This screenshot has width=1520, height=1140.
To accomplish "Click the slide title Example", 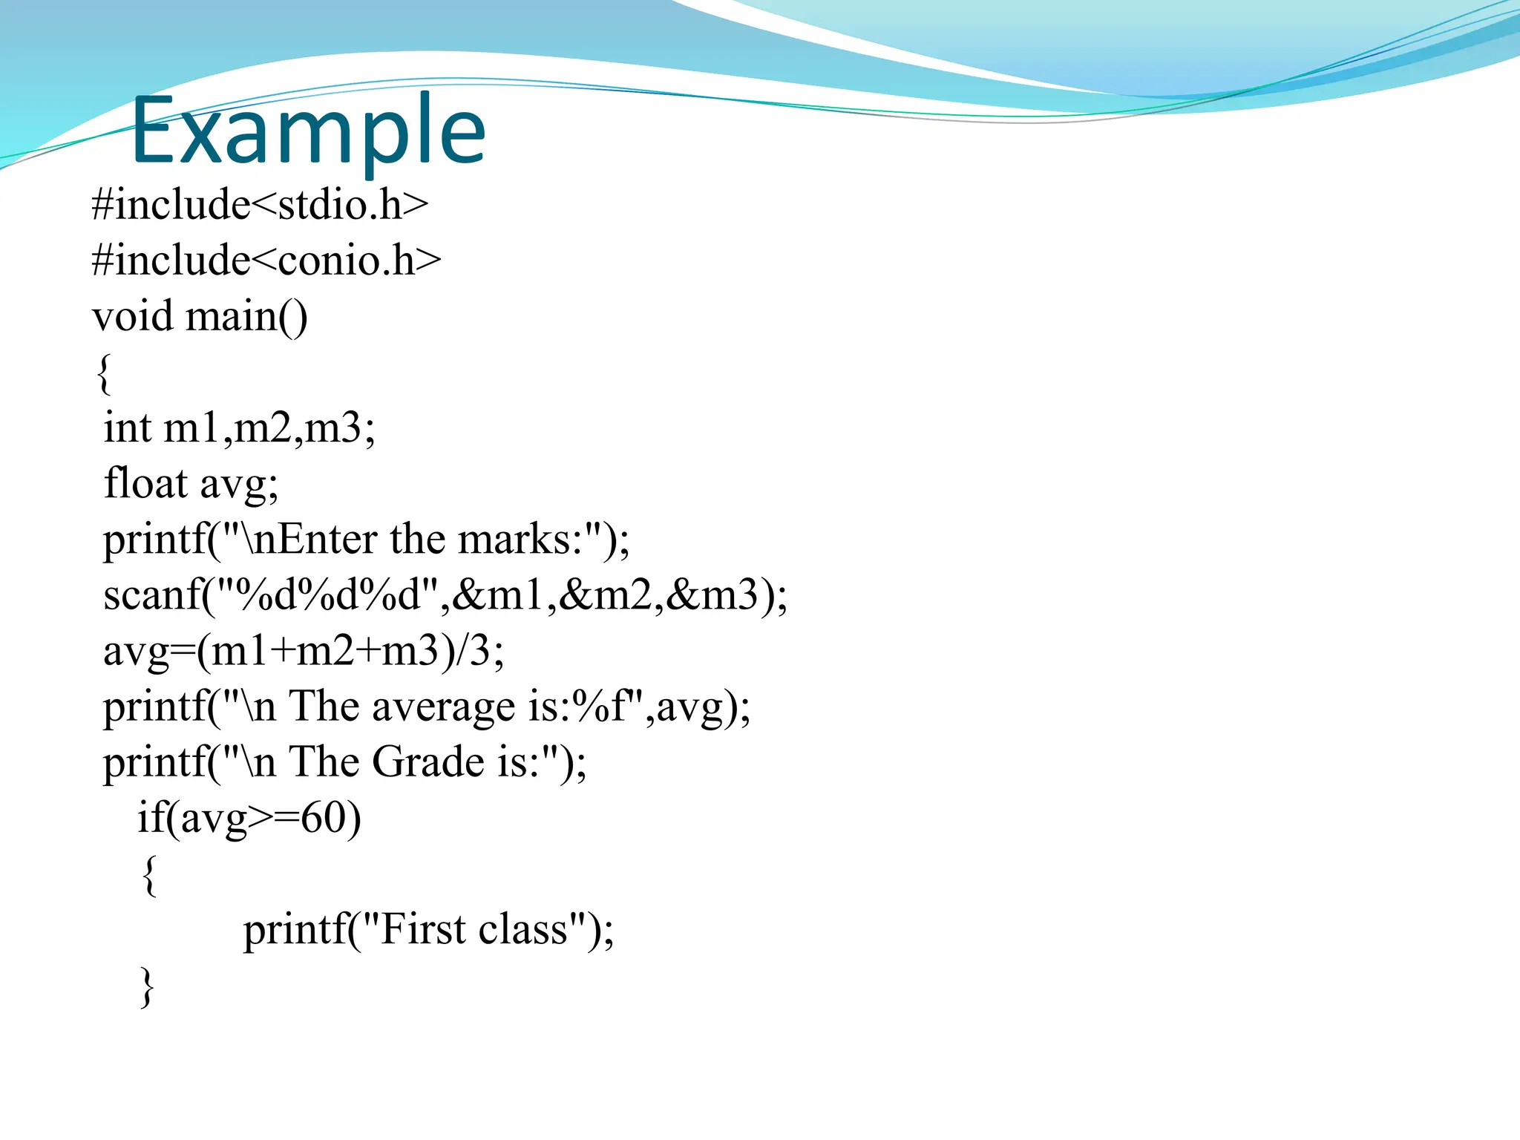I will click(308, 131).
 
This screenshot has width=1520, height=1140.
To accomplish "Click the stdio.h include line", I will click(260, 205).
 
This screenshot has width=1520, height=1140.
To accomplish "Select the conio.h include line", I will click(266, 261).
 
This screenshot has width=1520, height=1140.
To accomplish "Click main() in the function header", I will click(246, 316).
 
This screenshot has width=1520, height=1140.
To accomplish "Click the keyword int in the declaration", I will click(127, 428).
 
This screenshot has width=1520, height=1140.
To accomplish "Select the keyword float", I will click(145, 483).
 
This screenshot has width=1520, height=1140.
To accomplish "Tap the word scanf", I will click(153, 595).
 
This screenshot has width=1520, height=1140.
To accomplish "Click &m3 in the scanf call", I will click(712, 595).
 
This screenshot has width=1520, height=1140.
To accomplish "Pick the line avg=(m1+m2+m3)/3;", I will click(303, 651).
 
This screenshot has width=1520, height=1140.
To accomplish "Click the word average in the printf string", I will click(443, 707).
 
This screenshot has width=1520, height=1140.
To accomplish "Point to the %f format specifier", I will click(600, 707).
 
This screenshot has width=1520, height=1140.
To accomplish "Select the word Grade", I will click(428, 762).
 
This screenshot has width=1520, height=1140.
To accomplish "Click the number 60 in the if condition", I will click(324, 818).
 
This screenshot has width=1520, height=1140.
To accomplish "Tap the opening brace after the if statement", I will click(149, 875).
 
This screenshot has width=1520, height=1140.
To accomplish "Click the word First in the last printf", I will click(422, 929).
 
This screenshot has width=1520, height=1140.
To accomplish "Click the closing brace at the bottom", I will click(147, 986).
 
